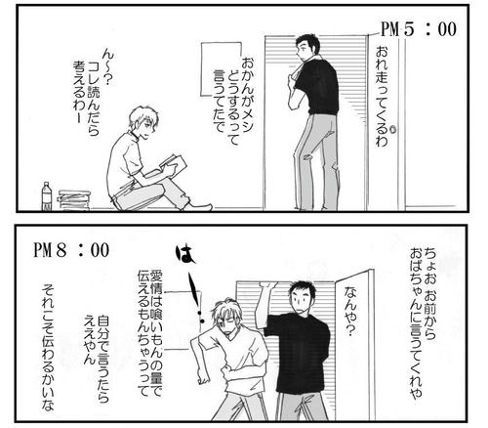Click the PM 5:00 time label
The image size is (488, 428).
[x=419, y=29]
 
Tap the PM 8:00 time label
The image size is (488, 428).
[x=71, y=250]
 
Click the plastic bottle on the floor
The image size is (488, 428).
[x=47, y=196]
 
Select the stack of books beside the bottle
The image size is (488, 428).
[x=74, y=200]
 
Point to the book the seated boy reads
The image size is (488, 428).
[x=174, y=165]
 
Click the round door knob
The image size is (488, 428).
[x=392, y=130]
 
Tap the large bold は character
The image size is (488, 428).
[x=185, y=254]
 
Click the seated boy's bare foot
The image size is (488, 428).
[x=202, y=207]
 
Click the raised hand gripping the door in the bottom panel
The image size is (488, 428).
[x=268, y=286]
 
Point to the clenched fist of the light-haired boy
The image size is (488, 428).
[x=203, y=379]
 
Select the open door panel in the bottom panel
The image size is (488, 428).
[x=354, y=342]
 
